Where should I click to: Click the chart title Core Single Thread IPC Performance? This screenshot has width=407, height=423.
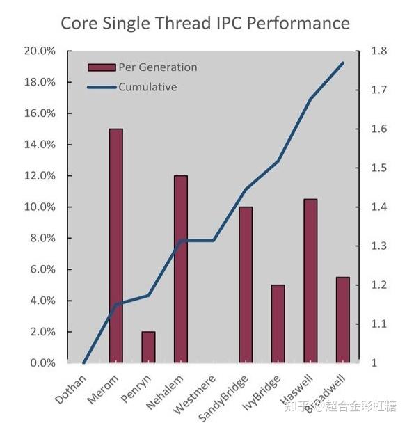click(205, 23)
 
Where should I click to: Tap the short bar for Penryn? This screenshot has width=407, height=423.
click(148, 347)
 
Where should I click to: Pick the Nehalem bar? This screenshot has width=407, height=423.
click(180, 269)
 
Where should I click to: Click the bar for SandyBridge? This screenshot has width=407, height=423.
click(245, 285)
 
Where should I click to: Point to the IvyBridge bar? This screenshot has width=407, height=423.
click(278, 324)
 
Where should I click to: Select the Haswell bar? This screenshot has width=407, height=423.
click(310, 281)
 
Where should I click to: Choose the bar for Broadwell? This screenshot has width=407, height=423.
click(342, 320)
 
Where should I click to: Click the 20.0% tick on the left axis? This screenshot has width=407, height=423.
click(39, 51)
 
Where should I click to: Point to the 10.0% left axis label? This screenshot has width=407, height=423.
click(39, 207)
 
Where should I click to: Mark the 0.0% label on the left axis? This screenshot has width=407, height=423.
click(42, 363)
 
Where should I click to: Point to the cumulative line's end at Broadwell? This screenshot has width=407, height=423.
click(343, 63)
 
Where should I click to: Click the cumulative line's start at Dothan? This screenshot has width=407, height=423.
click(83, 362)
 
